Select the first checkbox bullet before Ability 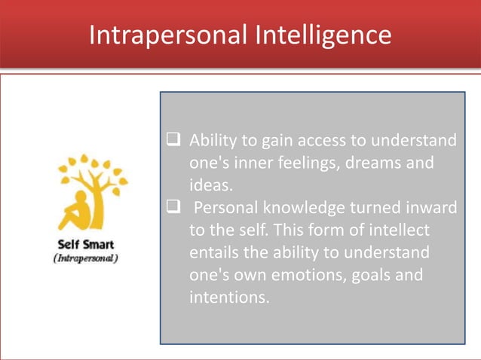[x=173, y=141]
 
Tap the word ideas [x=211, y=185]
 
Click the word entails [x=214, y=252]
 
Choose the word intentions [x=228, y=297]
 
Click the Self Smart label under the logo [x=87, y=244]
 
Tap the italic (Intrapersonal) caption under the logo [x=87, y=258]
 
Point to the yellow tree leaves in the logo [x=94, y=169]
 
